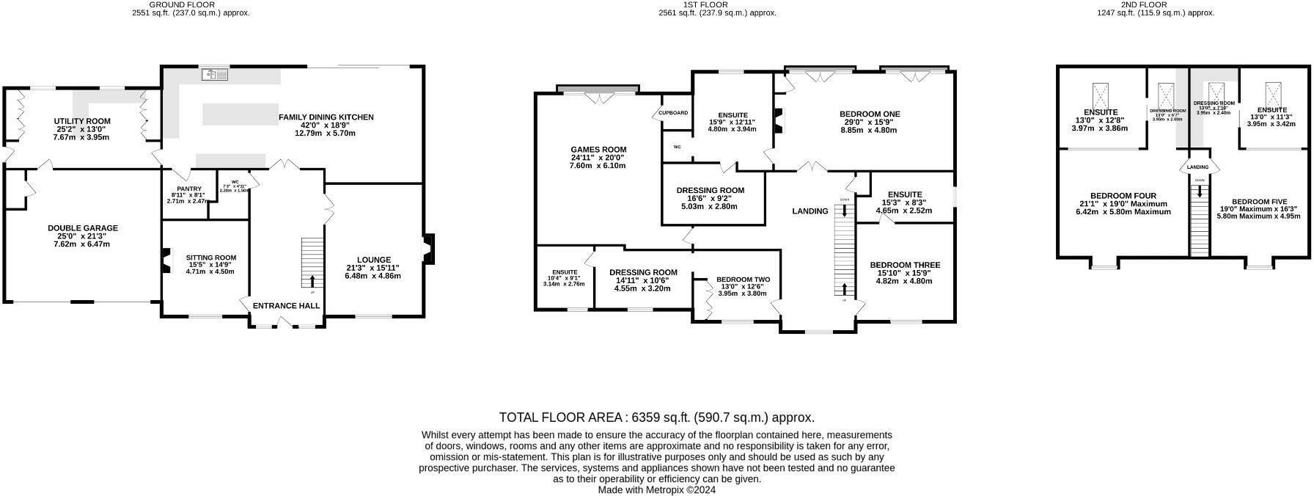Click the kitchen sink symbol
click(x=214, y=74)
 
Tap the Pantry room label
click(x=178, y=189)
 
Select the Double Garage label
click(x=82, y=228)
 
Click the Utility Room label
click(x=81, y=121)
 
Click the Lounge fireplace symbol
click(x=428, y=248)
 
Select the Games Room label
click(x=598, y=150)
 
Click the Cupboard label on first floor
click(x=673, y=113)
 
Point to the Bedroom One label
click(x=869, y=114)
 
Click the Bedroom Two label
click(x=743, y=280)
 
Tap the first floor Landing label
click(x=810, y=211)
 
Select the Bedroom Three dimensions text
click(x=903, y=277)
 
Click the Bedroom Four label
click(x=1123, y=196)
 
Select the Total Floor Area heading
click(x=656, y=417)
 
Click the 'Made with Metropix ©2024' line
click(x=656, y=490)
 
